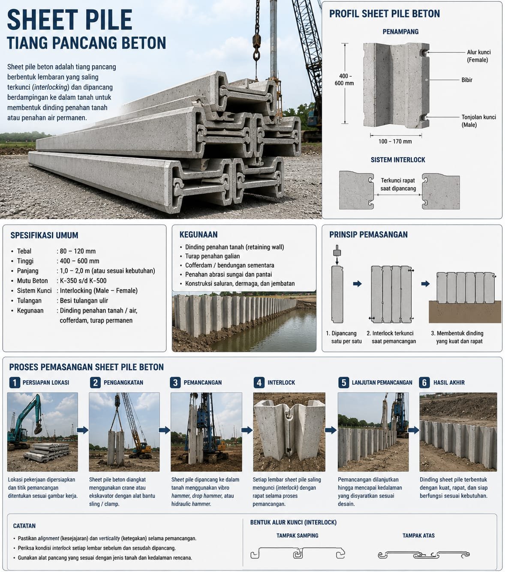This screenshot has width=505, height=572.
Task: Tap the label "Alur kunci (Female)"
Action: tap(478, 56)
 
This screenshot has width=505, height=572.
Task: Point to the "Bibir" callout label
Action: tap(466, 80)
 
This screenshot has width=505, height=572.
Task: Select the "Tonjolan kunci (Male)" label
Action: tap(478, 121)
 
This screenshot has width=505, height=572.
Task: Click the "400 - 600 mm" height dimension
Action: tap(344, 80)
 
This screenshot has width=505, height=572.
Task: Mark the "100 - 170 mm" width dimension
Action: tap(395, 141)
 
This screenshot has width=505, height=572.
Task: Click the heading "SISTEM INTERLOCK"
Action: tap(398, 160)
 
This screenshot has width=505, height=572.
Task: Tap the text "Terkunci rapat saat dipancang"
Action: tap(398, 184)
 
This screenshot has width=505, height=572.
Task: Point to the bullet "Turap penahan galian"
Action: tap(212, 256)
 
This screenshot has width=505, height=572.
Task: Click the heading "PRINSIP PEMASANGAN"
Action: tap(368, 235)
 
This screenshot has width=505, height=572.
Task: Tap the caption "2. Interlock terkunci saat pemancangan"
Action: tap(391, 337)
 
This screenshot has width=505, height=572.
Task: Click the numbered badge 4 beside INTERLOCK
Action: tap(259, 383)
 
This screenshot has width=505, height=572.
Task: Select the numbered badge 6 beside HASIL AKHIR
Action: tap(424, 383)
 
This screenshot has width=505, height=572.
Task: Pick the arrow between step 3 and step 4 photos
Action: tap(247, 430)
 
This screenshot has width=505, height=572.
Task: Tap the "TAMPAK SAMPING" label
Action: tap(298, 536)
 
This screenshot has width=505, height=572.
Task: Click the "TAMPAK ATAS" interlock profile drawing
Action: tap(424, 555)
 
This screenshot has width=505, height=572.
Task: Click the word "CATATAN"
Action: tap(24, 526)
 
